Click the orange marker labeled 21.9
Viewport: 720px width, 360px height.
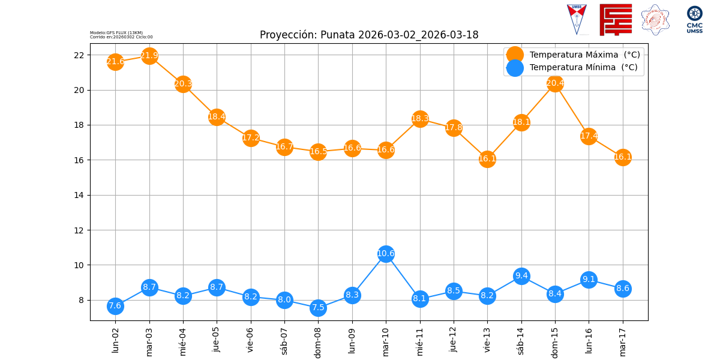(149, 56)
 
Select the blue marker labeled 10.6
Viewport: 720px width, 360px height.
(386, 253)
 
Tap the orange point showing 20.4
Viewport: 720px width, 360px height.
(555, 83)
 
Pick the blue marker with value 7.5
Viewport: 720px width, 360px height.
(318, 308)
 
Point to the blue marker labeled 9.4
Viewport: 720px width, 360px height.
(521, 276)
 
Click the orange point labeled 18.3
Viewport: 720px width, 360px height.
(420, 118)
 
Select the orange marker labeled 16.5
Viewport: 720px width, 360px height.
(318, 151)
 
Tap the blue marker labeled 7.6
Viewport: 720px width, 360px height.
(115, 306)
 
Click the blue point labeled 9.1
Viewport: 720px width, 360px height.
(589, 280)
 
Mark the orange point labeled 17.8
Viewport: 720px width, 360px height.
(454, 127)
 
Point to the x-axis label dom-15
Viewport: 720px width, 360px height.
(555, 341)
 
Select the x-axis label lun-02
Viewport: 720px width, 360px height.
(115, 339)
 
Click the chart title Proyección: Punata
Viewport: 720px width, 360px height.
(369, 35)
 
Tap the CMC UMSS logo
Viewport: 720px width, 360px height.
(694, 20)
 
